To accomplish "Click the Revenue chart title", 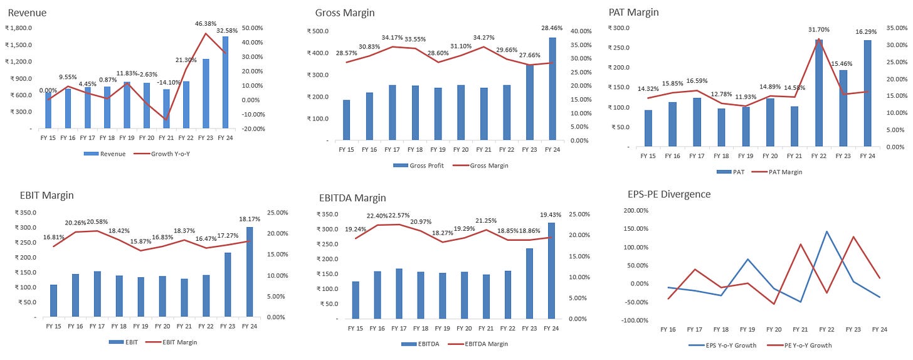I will [27, 13].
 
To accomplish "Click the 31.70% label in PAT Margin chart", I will [819, 29].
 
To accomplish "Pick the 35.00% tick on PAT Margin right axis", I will [895, 28].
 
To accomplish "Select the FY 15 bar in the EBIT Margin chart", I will [53, 301].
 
